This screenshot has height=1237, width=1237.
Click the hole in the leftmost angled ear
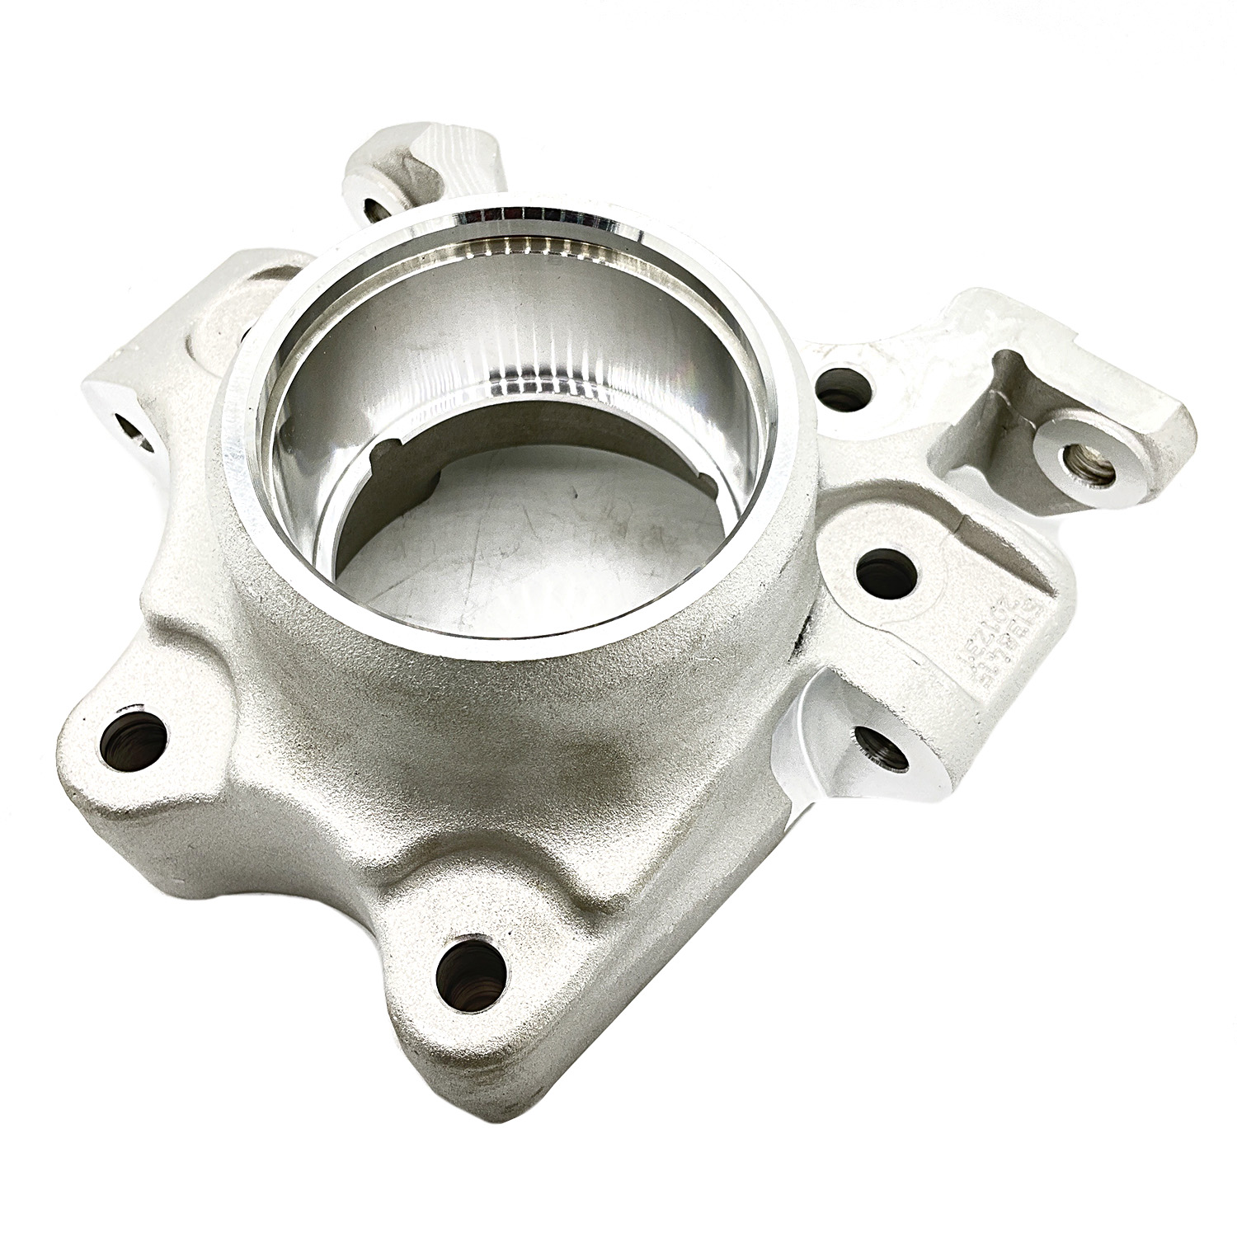pyautogui.click(x=132, y=428)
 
